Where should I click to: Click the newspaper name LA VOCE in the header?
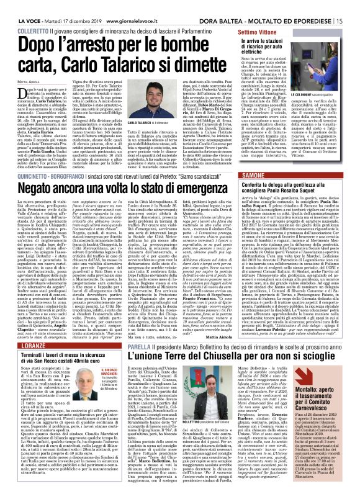coord(19,6)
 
